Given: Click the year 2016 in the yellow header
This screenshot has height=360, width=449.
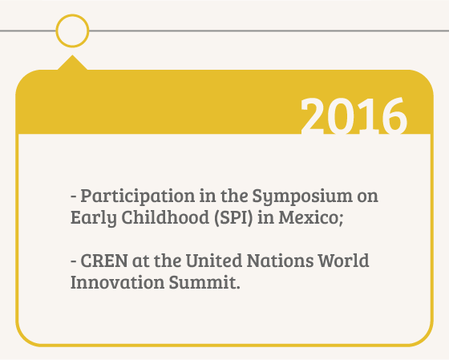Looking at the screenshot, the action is tap(354, 115).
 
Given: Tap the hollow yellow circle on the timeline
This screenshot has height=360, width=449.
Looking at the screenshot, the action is tap(72, 17).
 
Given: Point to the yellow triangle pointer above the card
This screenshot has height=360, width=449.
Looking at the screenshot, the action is tap(72, 63).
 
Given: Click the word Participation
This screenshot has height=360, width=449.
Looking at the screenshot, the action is tap(138, 197).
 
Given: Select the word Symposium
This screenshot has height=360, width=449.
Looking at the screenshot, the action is tap(302, 197).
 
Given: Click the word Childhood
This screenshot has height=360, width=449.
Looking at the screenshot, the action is tap(166, 217).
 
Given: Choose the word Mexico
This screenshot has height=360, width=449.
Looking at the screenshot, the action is tap(309, 217).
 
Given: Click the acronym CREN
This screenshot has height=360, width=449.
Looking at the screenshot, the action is tap(104, 261).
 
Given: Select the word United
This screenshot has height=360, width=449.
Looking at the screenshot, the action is tap(214, 261).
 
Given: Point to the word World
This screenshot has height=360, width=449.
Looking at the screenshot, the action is tap(344, 261).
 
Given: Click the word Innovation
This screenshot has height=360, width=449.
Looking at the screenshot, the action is tap(117, 281).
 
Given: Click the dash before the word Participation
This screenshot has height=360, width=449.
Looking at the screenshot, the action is tap(74, 196).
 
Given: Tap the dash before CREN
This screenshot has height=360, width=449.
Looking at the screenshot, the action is tap(74, 261).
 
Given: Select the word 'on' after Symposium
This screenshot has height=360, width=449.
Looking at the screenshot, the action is tap(368, 196).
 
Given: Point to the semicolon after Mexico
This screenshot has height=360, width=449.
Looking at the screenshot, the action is tap(341, 220).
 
